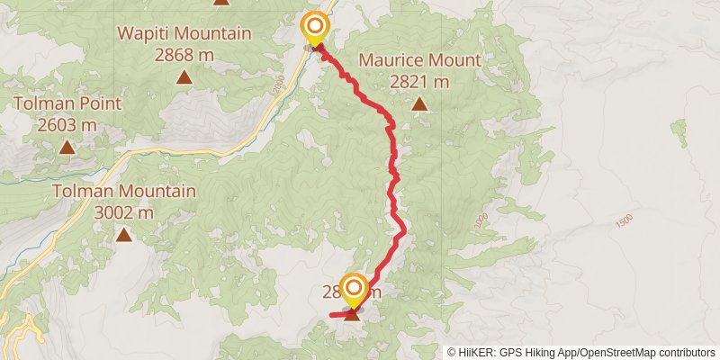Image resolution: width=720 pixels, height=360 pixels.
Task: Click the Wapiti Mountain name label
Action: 184,35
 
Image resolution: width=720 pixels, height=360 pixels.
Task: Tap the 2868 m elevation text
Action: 184,55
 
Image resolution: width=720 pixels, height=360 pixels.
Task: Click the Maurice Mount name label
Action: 420,61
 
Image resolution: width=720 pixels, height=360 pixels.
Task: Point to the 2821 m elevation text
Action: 420,82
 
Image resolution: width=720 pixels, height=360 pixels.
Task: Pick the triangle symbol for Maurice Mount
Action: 419,104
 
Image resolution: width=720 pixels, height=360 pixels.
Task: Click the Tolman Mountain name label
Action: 124,192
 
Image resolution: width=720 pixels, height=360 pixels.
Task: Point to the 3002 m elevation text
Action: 124,212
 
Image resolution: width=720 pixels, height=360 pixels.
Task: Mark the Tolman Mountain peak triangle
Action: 123,236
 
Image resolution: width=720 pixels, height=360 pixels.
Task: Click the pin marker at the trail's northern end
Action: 315,29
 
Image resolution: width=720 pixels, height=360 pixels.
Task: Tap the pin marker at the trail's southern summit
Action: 354,290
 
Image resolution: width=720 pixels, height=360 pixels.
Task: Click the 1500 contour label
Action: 625,220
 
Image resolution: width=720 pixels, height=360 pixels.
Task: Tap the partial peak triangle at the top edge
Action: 221,2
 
